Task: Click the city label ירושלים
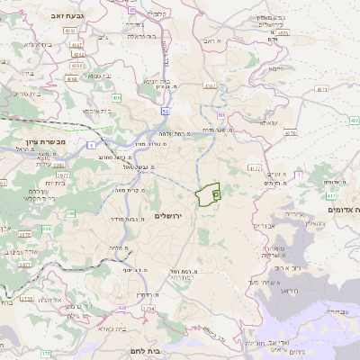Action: (168, 216)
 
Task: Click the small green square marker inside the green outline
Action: (215, 193)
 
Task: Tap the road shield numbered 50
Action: (166, 111)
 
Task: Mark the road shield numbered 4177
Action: (255, 167)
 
